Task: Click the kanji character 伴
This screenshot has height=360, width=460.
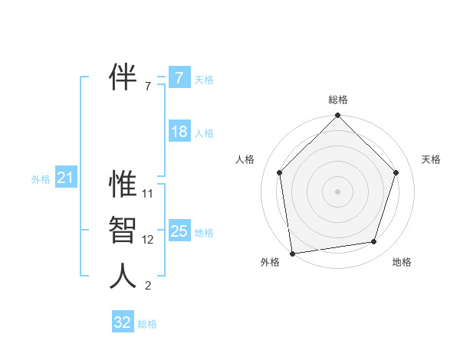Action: (123, 77)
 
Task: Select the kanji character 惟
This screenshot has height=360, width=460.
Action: (123, 185)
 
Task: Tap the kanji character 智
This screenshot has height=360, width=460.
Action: (123, 231)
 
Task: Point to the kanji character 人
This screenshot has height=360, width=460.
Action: (123, 277)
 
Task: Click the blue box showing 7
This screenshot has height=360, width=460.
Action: (179, 78)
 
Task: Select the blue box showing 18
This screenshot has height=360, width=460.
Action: (179, 132)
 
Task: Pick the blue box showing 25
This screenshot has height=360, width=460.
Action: (179, 231)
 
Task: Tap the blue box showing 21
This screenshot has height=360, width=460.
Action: (65, 178)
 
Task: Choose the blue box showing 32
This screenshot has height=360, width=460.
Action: (122, 322)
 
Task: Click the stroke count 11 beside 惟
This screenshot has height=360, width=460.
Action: (148, 194)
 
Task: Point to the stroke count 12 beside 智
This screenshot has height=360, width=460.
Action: (148, 240)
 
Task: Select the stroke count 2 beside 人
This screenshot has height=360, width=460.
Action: (148, 286)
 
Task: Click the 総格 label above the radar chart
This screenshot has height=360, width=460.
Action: (337, 100)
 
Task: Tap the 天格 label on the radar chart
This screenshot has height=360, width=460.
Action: (431, 159)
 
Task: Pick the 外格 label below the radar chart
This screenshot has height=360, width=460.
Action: (270, 263)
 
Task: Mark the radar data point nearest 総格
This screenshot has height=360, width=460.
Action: (337, 116)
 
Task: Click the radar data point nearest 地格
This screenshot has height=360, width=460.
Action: (374, 242)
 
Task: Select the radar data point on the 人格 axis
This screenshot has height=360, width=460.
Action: (279, 172)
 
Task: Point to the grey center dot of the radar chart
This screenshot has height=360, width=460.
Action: (337, 191)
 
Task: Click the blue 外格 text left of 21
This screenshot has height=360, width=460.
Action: (41, 179)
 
